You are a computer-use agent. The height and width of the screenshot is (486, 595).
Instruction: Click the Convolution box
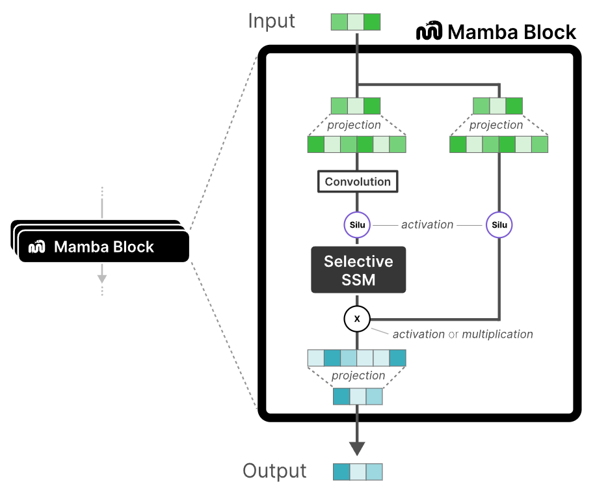click(x=358, y=182)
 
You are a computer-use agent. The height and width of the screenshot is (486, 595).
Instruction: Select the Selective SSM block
click(x=358, y=270)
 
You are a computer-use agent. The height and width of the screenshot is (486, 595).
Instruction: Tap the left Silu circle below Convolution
click(x=356, y=225)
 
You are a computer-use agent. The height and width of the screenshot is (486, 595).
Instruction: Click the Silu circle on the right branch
click(x=499, y=225)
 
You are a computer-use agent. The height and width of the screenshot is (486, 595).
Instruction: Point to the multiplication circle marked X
click(x=356, y=319)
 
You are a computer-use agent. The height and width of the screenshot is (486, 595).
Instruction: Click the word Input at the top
click(x=271, y=21)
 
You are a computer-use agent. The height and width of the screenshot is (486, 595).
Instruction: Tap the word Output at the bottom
click(x=274, y=471)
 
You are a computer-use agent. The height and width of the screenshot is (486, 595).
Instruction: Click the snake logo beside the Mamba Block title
click(x=429, y=31)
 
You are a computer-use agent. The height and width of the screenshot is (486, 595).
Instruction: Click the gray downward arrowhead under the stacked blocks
click(x=102, y=278)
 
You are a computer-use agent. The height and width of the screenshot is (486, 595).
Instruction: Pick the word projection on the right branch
click(x=496, y=125)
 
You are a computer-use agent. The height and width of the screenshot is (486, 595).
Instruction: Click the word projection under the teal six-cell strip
click(x=358, y=376)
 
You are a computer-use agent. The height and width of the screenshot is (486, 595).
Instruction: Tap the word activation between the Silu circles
click(x=427, y=224)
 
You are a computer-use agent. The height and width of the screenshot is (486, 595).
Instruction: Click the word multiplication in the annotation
click(x=497, y=334)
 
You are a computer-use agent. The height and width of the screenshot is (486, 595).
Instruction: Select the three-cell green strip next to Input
click(x=356, y=21)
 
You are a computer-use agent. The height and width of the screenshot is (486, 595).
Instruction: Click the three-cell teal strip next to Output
click(x=358, y=471)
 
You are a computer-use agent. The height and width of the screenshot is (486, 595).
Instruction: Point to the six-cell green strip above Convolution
click(x=356, y=144)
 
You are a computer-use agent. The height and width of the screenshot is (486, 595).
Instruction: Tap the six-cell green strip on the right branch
click(x=499, y=144)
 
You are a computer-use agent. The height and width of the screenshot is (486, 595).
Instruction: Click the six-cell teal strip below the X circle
click(x=356, y=358)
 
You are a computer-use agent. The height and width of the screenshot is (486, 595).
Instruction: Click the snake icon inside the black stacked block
click(x=37, y=247)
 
